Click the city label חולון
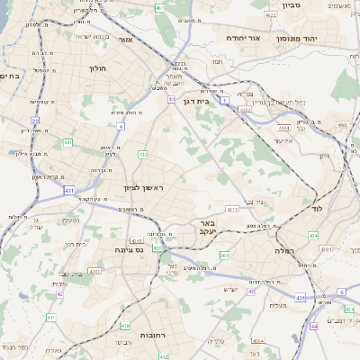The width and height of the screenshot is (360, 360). (97, 68)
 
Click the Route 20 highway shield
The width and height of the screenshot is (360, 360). (35, 120)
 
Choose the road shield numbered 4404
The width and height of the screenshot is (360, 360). (258, 342)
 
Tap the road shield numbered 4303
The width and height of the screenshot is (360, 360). (94, 270)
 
